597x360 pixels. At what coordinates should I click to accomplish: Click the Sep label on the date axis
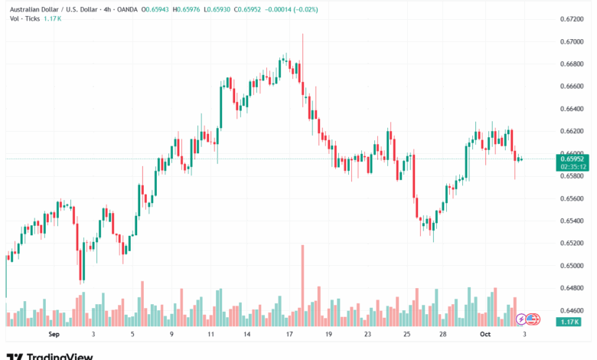tap(54, 335)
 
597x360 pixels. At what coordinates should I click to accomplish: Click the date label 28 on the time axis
tap(443, 335)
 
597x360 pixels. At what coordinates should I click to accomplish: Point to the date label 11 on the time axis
tap(210, 335)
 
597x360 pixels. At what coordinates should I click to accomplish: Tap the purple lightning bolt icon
tap(521, 319)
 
